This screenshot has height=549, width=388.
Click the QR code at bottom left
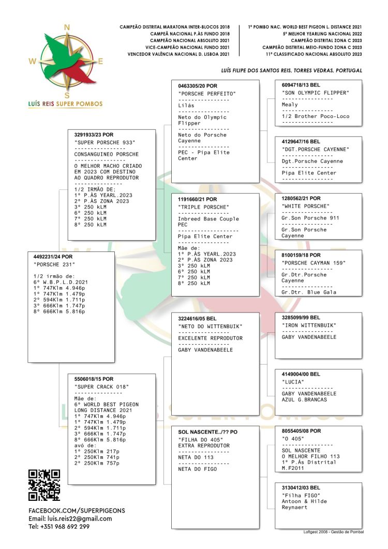tap(44, 485)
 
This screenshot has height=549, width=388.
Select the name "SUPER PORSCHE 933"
tap(105, 142)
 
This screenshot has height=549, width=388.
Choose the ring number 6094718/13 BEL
tap(301, 84)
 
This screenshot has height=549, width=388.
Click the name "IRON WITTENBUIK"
tap(309, 325)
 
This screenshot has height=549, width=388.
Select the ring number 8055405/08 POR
tap(301, 431)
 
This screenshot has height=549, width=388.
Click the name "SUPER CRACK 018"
tap(102, 387)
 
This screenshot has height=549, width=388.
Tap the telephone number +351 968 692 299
tap(59, 526)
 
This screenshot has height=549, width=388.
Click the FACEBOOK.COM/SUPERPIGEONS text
tap(77, 510)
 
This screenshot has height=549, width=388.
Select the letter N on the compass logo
tap(67, 28)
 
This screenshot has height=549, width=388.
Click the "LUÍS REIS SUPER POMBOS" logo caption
tap(65, 103)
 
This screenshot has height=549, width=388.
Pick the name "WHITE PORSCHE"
tap(306, 206)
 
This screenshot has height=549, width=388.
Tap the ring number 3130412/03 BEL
tap(301, 487)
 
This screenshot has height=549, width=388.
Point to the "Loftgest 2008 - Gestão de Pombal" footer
tap(333, 531)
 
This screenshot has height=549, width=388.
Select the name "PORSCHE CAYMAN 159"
tap(314, 263)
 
